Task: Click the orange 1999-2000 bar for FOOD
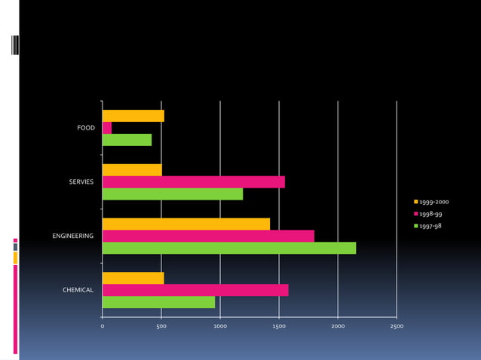(133, 116)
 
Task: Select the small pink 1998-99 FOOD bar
(107, 128)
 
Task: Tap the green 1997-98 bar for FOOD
(127, 140)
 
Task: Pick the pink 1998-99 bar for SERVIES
(193, 182)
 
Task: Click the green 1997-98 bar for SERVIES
(172, 194)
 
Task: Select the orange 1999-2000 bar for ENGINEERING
(185, 224)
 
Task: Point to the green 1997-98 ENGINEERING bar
(228, 248)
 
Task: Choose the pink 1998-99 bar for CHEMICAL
(195, 290)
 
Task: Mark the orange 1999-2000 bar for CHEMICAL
(133, 278)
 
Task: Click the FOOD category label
(86, 128)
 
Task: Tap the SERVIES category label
(81, 182)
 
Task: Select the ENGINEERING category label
(72, 236)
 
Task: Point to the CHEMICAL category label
(78, 290)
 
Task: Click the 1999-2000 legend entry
(434, 202)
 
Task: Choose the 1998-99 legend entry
(430, 214)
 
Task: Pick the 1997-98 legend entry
(430, 226)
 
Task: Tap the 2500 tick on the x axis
(397, 327)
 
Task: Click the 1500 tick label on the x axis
(279, 327)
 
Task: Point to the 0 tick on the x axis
(103, 327)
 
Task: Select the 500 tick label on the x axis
(161, 327)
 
